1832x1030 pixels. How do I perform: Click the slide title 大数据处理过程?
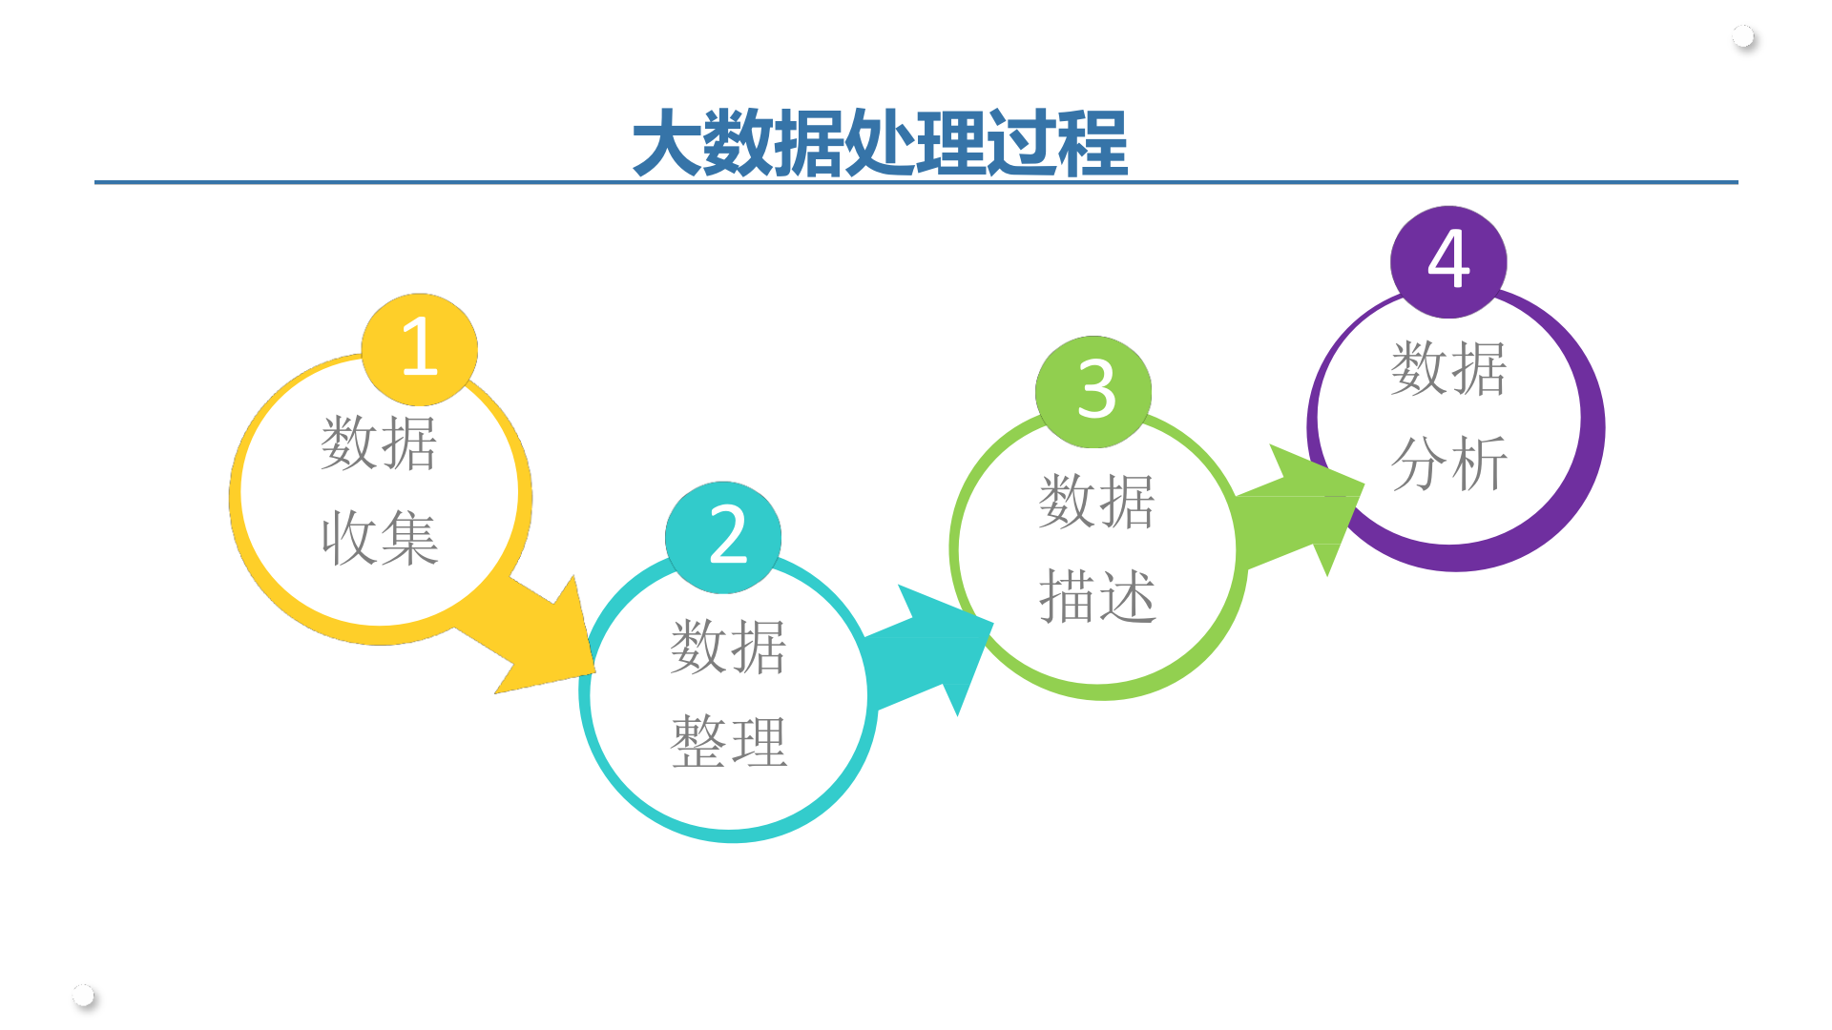click(x=880, y=143)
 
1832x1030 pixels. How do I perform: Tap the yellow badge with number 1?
click(x=420, y=349)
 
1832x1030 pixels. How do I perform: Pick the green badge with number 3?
click(x=1093, y=391)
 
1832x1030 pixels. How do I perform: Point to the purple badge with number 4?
click(x=1448, y=261)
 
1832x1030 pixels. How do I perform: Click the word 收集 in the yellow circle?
click(x=380, y=538)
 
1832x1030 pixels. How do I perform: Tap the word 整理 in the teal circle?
click(x=729, y=742)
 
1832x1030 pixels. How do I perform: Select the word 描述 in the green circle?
click(x=1097, y=597)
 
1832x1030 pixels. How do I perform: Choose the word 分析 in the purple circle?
click(x=1448, y=464)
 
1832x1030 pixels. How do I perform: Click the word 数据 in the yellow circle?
click(x=380, y=443)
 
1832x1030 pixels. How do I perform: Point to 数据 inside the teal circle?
click(x=729, y=648)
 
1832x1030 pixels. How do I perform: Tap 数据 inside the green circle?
click(x=1097, y=502)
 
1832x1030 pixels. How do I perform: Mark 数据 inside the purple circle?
click(x=1448, y=369)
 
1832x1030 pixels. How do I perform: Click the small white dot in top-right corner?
click(x=1743, y=37)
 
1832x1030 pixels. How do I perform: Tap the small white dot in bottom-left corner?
click(x=84, y=996)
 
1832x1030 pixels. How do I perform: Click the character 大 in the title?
click(x=667, y=143)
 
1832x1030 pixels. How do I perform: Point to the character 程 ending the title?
click(x=1093, y=143)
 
